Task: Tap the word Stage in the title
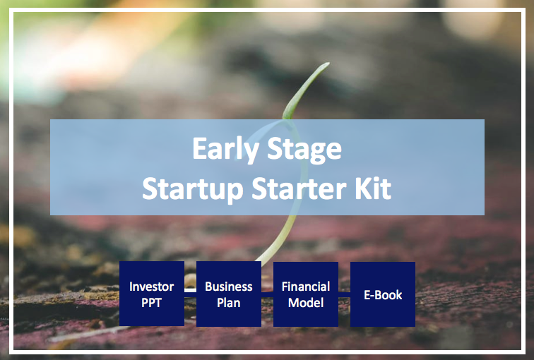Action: click(x=304, y=150)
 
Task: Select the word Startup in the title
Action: click(x=192, y=189)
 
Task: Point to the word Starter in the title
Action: click(x=299, y=188)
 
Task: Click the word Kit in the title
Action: click(x=373, y=188)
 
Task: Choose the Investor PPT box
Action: click(x=152, y=294)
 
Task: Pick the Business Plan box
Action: click(x=229, y=294)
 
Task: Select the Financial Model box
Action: click(x=306, y=294)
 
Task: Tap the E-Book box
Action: click(x=383, y=294)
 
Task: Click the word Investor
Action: click(x=152, y=287)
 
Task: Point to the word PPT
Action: click(x=152, y=303)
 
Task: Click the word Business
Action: click(x=229, y=287)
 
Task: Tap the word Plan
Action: click(x=229, y=303)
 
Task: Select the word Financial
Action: click(x=306, y=287)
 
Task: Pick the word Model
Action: click(x=306, y=303)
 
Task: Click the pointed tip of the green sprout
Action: click(x=328, y=63)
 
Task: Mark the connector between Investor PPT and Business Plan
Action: click(x=191, y=290)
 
